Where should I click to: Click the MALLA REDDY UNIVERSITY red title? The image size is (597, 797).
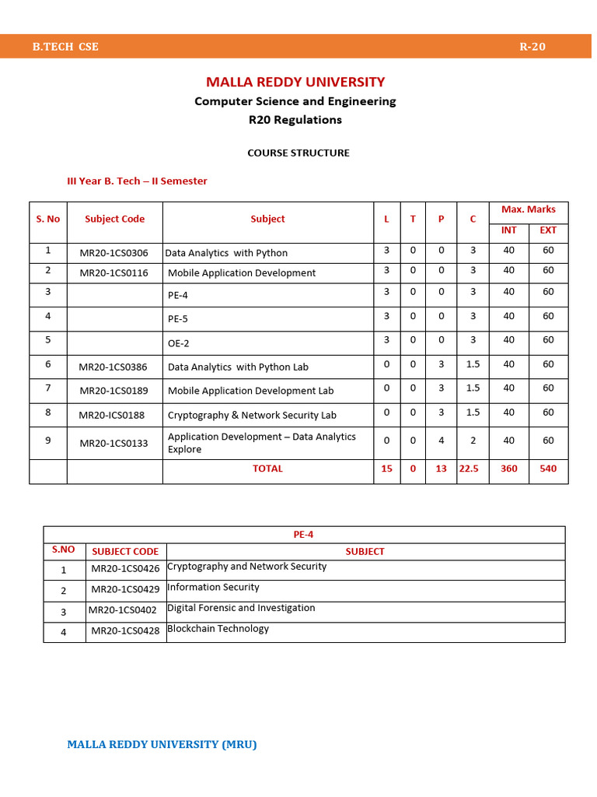pos(295,82)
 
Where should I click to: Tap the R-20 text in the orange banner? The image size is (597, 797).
pos(532,47)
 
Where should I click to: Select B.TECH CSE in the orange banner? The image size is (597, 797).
pos(65,47)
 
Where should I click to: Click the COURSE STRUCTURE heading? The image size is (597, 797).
pos(298,153)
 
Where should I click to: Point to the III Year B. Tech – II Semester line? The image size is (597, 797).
pos(138,181)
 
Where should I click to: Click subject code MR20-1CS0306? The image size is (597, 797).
pos(114,253)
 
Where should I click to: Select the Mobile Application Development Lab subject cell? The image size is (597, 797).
pos(251,391)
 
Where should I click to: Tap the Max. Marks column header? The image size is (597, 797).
pos(529,209)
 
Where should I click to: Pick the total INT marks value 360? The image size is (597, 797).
pos(508,469)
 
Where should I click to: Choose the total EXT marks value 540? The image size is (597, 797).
pos(548,469)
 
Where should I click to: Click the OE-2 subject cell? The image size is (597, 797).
pos(179,343)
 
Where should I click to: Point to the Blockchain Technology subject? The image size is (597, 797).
pos(218,629)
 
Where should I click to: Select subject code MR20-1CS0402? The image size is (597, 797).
pos(123,610)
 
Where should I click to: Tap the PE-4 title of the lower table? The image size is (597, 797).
pos(303,535)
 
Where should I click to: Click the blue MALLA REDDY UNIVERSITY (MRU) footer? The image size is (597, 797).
pos(162,744)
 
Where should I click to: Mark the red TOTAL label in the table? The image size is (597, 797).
pos(267,469)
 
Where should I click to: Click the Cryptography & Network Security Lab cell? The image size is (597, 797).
pos(252,415)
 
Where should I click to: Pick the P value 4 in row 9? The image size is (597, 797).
pos(441,441)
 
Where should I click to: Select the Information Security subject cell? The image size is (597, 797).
pos(213,587)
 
